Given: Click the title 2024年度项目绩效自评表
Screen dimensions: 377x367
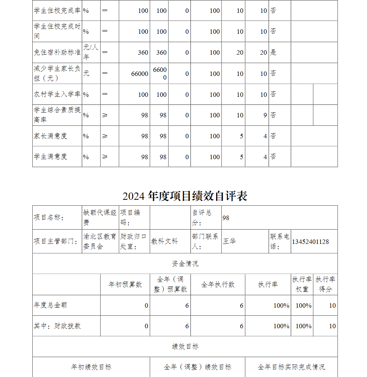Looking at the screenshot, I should (x=185, y=196).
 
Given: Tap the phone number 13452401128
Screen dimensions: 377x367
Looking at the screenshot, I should (x=310, y=242).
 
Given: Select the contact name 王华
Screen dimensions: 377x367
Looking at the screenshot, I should (x=229, y=242).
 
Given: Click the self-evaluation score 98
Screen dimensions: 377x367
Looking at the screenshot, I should (x=226, y=218).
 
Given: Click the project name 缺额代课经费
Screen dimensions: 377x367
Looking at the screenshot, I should (x=100, y=217).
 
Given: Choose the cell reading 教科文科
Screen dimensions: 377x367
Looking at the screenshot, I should (x=164, y=242).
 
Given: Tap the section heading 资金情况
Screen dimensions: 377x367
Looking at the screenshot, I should (x=185, y=264).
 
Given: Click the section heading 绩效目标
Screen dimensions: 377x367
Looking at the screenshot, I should (x=185, y=347).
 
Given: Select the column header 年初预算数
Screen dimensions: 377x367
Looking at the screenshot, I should (x=125, y=285).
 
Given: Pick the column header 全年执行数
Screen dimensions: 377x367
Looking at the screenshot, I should (x=218, y=285).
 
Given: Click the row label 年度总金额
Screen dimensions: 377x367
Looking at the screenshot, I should (x=51, y=305).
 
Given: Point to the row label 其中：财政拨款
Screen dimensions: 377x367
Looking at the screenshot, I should (x=57, y=326).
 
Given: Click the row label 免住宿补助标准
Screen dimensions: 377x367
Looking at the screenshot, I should (x=57, y=52).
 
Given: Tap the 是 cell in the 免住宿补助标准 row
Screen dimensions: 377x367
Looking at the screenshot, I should (x=273, y=52).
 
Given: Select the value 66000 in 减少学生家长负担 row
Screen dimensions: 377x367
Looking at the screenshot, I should (x=140, y=74).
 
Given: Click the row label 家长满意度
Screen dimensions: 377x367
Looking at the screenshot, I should (x=51, y=136).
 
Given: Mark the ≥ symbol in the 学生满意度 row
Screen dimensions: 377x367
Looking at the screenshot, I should (x=105, y=157).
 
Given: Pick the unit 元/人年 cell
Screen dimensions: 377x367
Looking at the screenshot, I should (x=91, y=52).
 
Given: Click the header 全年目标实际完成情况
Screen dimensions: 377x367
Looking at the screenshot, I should (x=291, y=367).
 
